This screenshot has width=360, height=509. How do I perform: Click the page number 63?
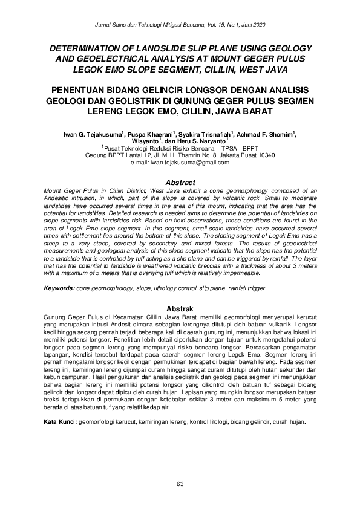pos(180,483)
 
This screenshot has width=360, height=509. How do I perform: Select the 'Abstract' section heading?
pos(180,183)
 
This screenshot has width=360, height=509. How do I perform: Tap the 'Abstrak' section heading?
pos(180,308)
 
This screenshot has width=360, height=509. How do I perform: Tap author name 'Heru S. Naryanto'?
pos(203,141)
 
